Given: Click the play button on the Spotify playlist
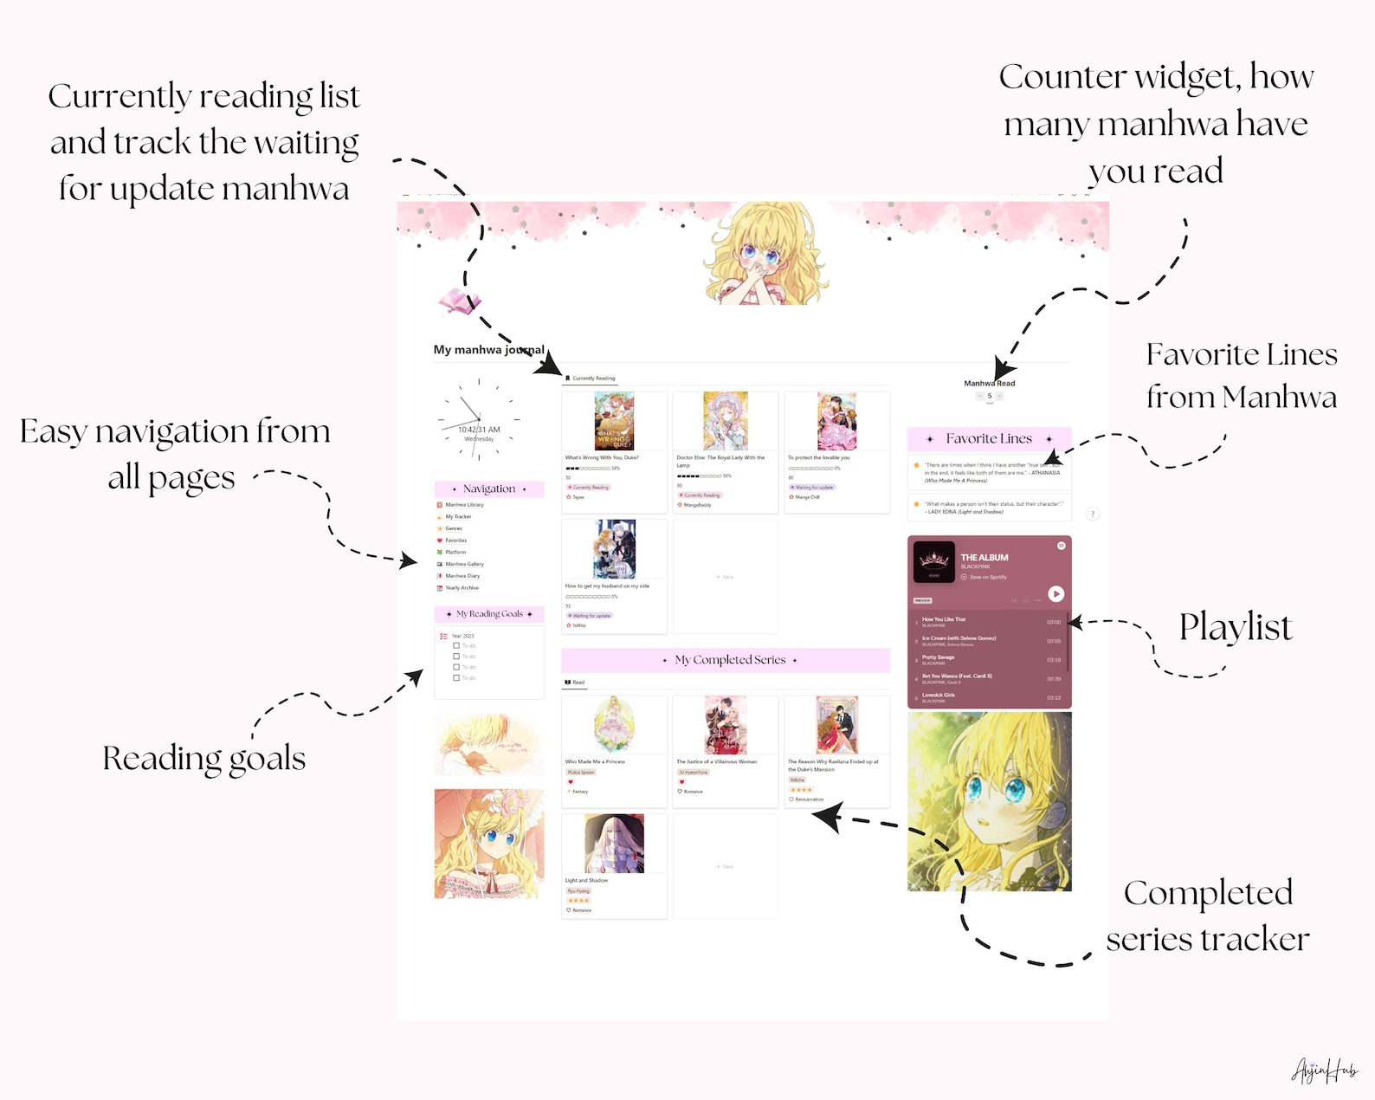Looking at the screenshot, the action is [x=1055, y=593].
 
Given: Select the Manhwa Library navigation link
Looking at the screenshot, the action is [x=464, y=504].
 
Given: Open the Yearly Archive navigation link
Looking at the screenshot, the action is [x=462, y=587].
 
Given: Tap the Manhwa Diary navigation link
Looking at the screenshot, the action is [x=462, y=575].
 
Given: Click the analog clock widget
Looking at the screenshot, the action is [x=479, y=420].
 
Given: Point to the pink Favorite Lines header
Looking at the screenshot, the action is [x=989, y=438].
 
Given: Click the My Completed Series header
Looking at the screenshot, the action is [x=729, y=660].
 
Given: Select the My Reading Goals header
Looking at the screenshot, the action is [x=489, y=614].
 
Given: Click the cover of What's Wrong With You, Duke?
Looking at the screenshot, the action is [x=614, y=421].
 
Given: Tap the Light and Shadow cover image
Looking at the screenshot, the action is [x=614, y=843].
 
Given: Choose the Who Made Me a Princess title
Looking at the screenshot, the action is [x=595, y=761].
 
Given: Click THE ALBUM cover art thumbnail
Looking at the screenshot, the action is [x=933, y=562].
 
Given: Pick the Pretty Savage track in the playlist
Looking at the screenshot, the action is [x=939, y=657].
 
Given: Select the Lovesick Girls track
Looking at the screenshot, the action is [x=939, y=695].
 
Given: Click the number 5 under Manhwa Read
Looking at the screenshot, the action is [x=989, y=396].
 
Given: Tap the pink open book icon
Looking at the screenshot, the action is [x=459, y=301].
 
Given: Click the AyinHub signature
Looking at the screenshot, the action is [x=1324, y=1071].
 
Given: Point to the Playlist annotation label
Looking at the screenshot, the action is [x=1235, y=627].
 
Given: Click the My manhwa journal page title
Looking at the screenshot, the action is [x=488, y=350].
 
